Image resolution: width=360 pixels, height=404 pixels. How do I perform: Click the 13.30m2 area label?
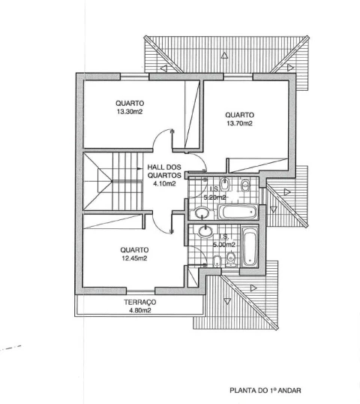130,112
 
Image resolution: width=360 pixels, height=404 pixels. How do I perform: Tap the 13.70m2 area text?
239,123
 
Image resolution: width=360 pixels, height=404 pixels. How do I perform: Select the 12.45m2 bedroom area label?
134,258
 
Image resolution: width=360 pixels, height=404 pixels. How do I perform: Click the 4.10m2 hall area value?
164,184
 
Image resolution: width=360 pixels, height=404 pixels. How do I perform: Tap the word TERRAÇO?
140,302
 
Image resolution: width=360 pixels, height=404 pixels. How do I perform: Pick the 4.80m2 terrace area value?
140,310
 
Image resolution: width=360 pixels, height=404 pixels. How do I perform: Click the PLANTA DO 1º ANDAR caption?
265,390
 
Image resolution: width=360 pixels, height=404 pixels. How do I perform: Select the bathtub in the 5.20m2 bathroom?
238,212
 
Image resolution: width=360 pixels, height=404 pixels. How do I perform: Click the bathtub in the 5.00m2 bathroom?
249,246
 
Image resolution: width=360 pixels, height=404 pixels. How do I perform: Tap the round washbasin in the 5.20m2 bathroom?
201,213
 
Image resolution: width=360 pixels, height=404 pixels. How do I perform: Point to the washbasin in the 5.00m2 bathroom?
205,231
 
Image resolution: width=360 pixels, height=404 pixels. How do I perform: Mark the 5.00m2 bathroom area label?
223,245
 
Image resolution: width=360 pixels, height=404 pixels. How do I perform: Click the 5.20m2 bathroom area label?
214,197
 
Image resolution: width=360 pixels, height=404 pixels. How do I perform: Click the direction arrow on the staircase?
139,169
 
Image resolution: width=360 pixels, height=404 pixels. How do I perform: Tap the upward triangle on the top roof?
224,56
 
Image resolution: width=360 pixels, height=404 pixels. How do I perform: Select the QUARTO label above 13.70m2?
239,115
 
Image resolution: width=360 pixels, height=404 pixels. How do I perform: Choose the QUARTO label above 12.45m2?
134,250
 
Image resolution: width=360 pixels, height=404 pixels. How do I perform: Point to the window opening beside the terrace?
140,291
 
